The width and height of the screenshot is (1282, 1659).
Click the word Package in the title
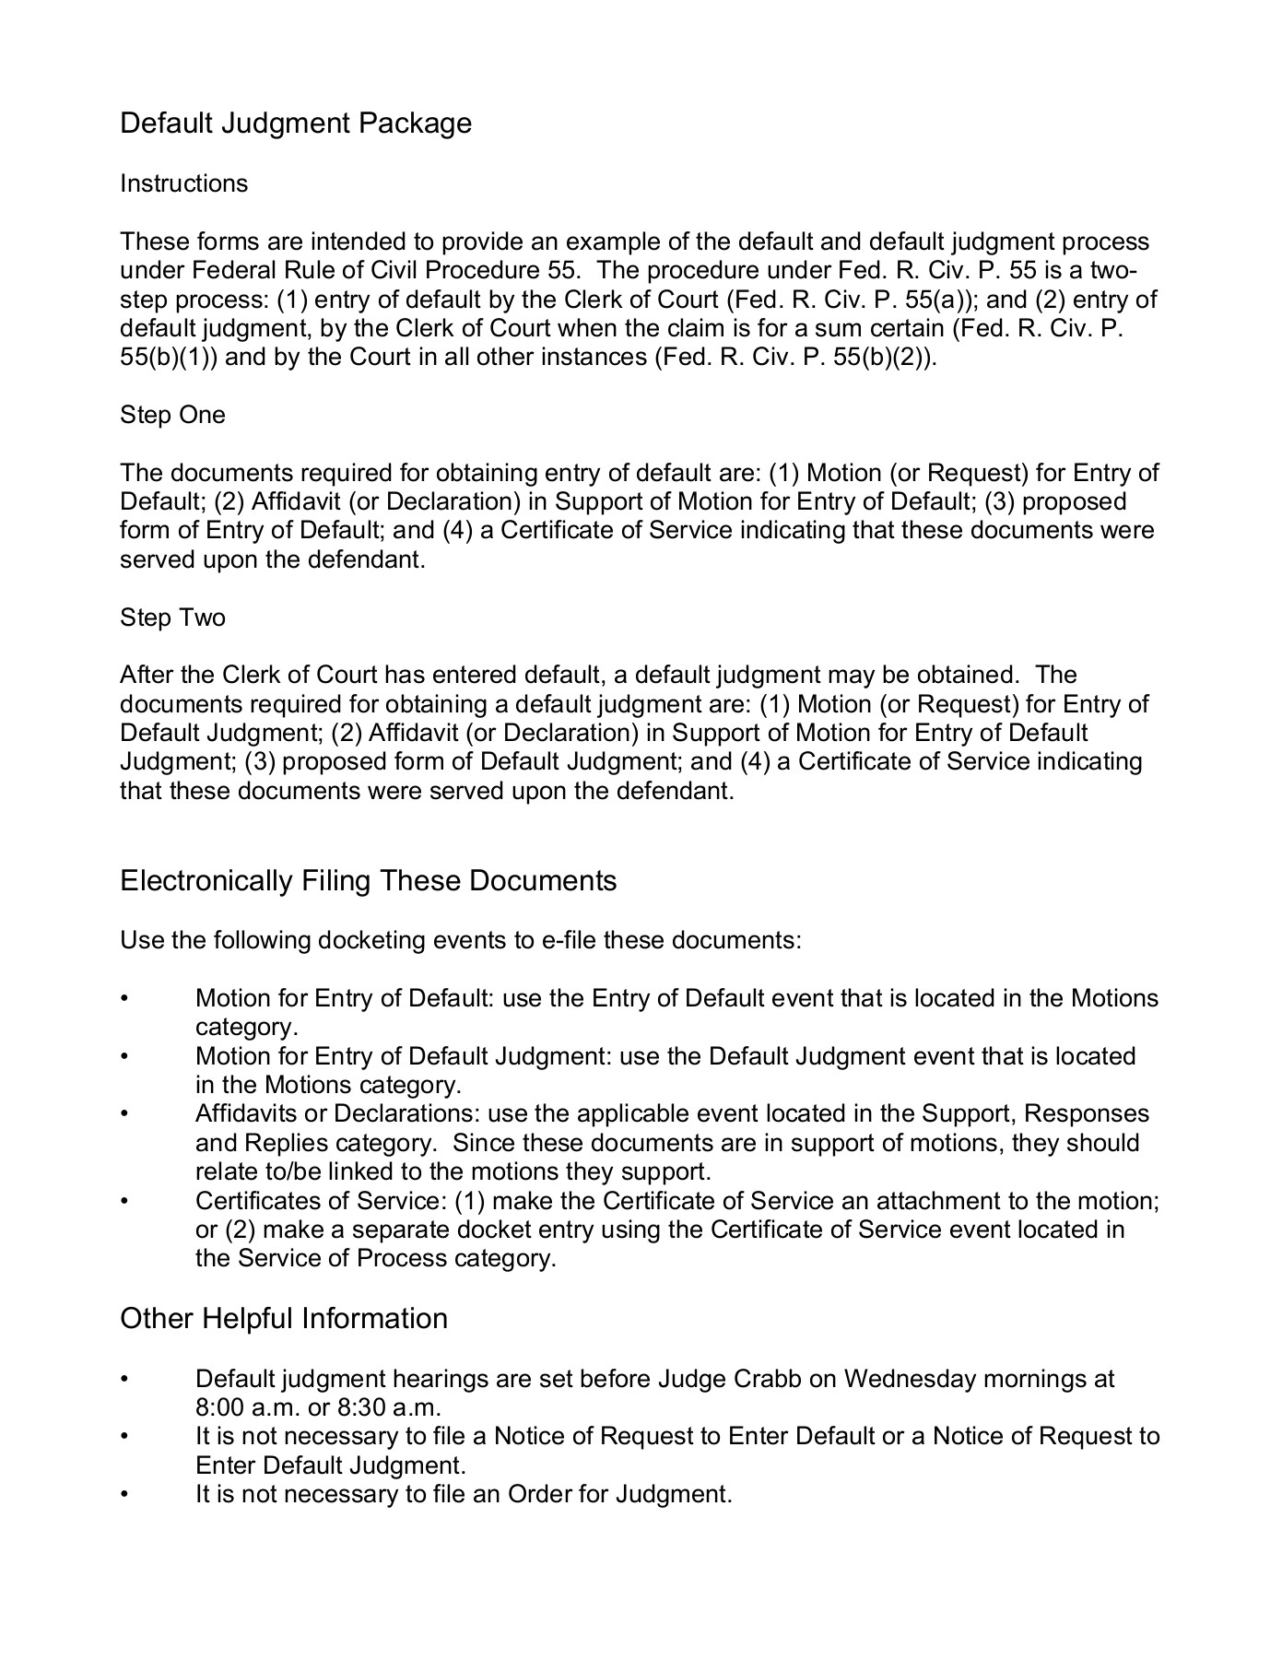416,124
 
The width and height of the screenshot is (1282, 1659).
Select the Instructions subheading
183,183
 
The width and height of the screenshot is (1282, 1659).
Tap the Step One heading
172,415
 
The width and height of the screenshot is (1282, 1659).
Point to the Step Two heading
172,618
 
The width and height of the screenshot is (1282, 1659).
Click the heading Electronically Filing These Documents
368,881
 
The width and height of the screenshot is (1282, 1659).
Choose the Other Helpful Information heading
284,1319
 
